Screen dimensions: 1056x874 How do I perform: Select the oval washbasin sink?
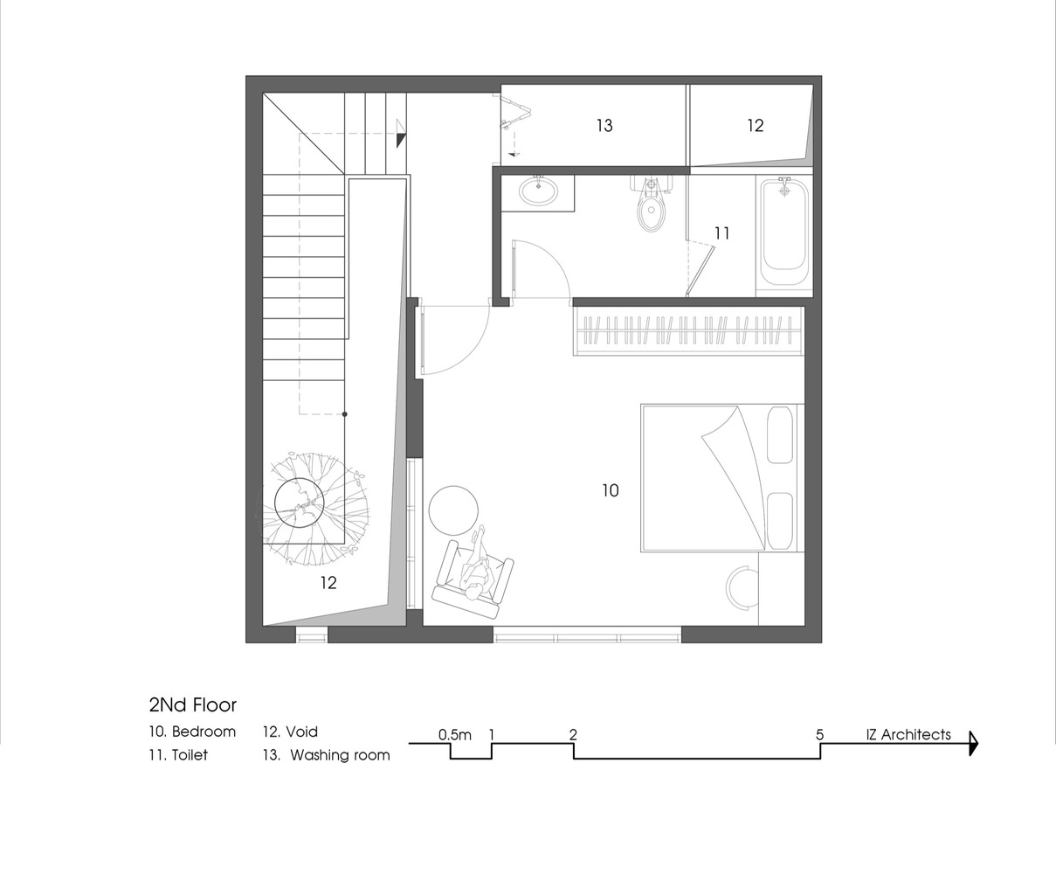click(538, 191)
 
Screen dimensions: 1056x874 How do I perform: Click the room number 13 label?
click(604, 126)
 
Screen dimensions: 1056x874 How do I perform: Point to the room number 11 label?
click(721, 233)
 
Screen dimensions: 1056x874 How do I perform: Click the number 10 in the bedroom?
click(611, 490)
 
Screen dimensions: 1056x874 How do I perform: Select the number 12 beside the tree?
click(328, 583)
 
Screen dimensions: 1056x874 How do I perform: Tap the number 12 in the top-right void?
click(755, 126)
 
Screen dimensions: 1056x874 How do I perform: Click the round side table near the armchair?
click(453, 510)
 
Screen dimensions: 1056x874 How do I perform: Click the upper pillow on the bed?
click(780, 434)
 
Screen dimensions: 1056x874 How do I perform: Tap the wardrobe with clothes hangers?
click(687, 331)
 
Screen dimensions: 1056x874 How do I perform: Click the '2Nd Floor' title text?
click(193, 705)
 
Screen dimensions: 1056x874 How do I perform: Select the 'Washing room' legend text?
click(340, 755)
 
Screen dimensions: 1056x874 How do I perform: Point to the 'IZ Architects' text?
click(908, 734)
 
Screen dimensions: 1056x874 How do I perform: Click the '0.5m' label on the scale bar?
click(455, 735)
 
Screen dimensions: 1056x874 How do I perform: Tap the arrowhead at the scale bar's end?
click(974, 744)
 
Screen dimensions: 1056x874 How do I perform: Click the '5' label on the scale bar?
click(820, 735)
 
